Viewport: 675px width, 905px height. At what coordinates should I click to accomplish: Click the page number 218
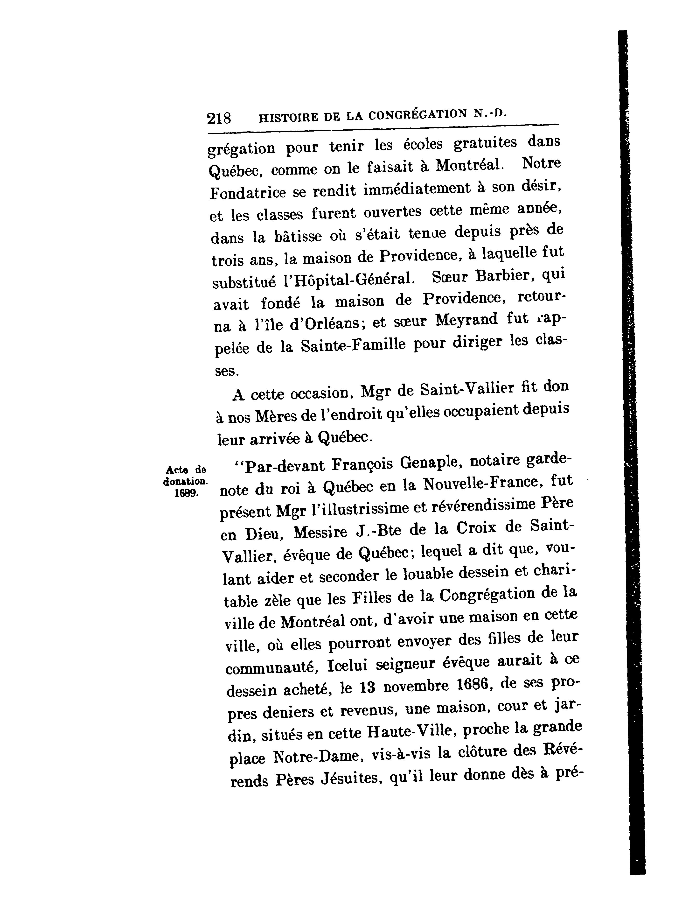pos(219,119)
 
